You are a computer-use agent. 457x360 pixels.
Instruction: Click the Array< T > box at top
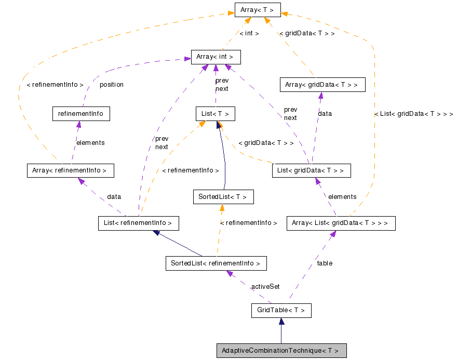(257, 9)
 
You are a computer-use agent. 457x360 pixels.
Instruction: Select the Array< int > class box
(216, 57)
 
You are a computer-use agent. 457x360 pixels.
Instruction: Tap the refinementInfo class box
(81, 114)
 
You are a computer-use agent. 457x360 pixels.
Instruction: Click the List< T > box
(215, 114)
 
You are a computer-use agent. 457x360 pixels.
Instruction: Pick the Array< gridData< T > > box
(321, 85)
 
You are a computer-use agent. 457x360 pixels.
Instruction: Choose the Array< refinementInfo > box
(70, 170)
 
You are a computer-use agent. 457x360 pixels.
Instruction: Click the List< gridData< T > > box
(311, 170)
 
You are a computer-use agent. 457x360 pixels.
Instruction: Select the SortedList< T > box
(223, 197)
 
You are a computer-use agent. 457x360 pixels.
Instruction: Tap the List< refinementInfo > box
(138, 223)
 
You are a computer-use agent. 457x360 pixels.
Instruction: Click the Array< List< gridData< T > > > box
(341, 223)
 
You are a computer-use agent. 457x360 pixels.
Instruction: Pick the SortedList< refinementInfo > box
(216, 263)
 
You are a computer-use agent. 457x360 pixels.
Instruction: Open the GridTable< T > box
(281, 311)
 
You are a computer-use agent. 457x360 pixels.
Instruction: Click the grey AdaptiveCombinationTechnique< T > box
(281, 351)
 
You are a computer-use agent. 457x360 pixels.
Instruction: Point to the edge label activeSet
(265, 287)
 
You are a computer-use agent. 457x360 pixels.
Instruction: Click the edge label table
(325, 263)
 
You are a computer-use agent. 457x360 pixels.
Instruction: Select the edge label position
(111, 85)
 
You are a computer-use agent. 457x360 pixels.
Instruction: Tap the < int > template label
(249, 33)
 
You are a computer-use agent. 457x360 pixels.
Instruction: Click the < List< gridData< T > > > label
(413, 114)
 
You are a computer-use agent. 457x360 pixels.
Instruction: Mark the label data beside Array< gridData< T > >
(325, 113)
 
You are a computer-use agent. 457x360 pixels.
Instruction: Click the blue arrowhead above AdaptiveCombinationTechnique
(281, 322)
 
